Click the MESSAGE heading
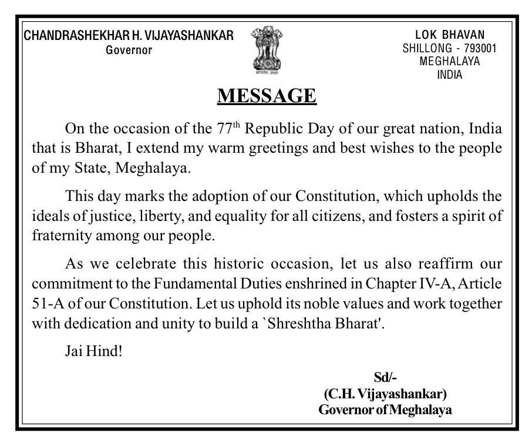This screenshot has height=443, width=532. click(x=267, y=95)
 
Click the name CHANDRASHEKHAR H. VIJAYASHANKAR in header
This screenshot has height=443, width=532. click(x=129, y=36)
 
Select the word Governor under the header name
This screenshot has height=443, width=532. click(x=129, y=50)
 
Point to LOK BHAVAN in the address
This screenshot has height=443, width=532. click(x=449, y=36)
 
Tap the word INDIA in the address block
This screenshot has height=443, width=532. click(x=449, y=75)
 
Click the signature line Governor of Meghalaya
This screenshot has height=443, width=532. click(x=385, y=410)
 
